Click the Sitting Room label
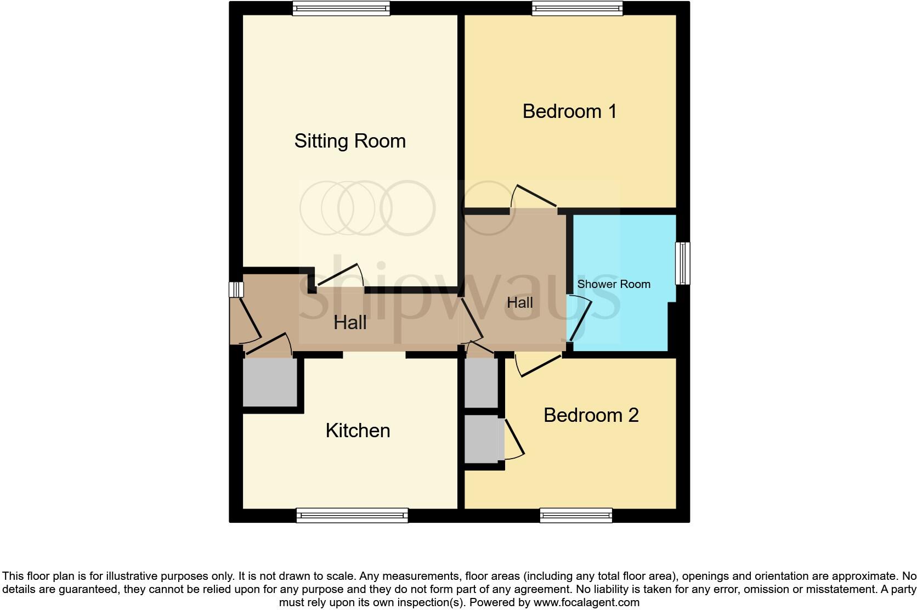[x=350, y=141]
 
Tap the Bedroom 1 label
[x=569, y=111]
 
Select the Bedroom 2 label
[x=591, y=415]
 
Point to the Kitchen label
[x=358, y=431]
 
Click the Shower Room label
[x=614, y=284]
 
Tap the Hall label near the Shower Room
[x=519, y=302]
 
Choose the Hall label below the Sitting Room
[x=350, y=323]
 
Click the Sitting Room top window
[x=341, y=8]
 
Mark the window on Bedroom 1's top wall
[x=577, y=8]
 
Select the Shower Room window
[x=682, y=263]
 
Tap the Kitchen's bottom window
[x=352, y=515]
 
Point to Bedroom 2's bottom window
[x=576, y=515]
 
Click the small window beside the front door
[x=236, y=290]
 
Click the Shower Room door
[x=580, y=318]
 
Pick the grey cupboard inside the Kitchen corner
[x=270, y=382]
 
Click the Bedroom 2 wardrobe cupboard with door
[x=483, y=439]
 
